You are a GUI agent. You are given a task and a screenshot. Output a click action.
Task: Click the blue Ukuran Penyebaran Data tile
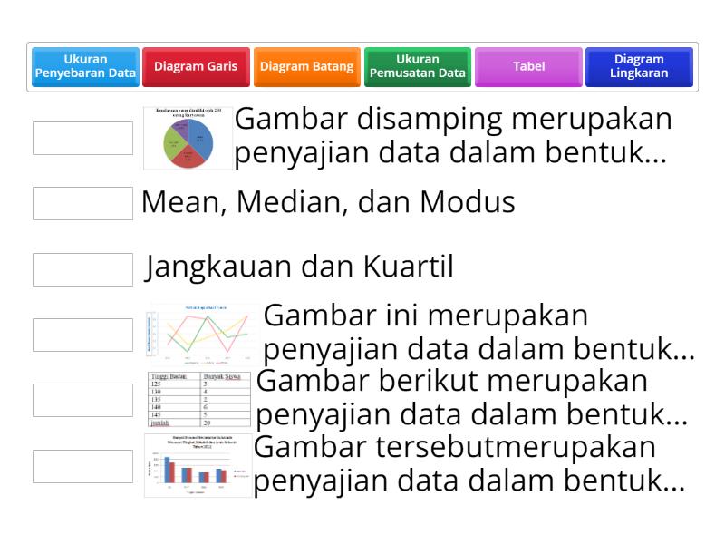point(85,67)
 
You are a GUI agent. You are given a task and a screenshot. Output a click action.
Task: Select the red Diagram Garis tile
point(196,67)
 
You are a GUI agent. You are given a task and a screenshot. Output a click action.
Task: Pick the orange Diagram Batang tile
point(306,67)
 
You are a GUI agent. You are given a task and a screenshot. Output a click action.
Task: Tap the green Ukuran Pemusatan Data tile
point(418,67)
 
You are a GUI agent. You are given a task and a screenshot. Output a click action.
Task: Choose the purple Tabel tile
point(528,67)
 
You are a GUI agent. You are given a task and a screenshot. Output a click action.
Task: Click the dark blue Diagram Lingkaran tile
point(639,67)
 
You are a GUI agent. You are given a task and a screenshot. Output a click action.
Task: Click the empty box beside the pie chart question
point(82,138)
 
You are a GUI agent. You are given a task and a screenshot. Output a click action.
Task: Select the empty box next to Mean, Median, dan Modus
point(82,203)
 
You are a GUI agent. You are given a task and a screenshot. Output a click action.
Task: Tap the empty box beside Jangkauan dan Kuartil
point(82,268)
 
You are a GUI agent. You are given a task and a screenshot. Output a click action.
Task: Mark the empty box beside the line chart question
point(82,335)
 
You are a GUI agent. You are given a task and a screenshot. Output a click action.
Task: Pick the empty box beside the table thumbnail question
point(82,400)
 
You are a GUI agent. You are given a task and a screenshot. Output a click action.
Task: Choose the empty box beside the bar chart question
point(82,465)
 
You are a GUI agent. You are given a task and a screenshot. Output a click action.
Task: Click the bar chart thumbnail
point(198,465)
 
